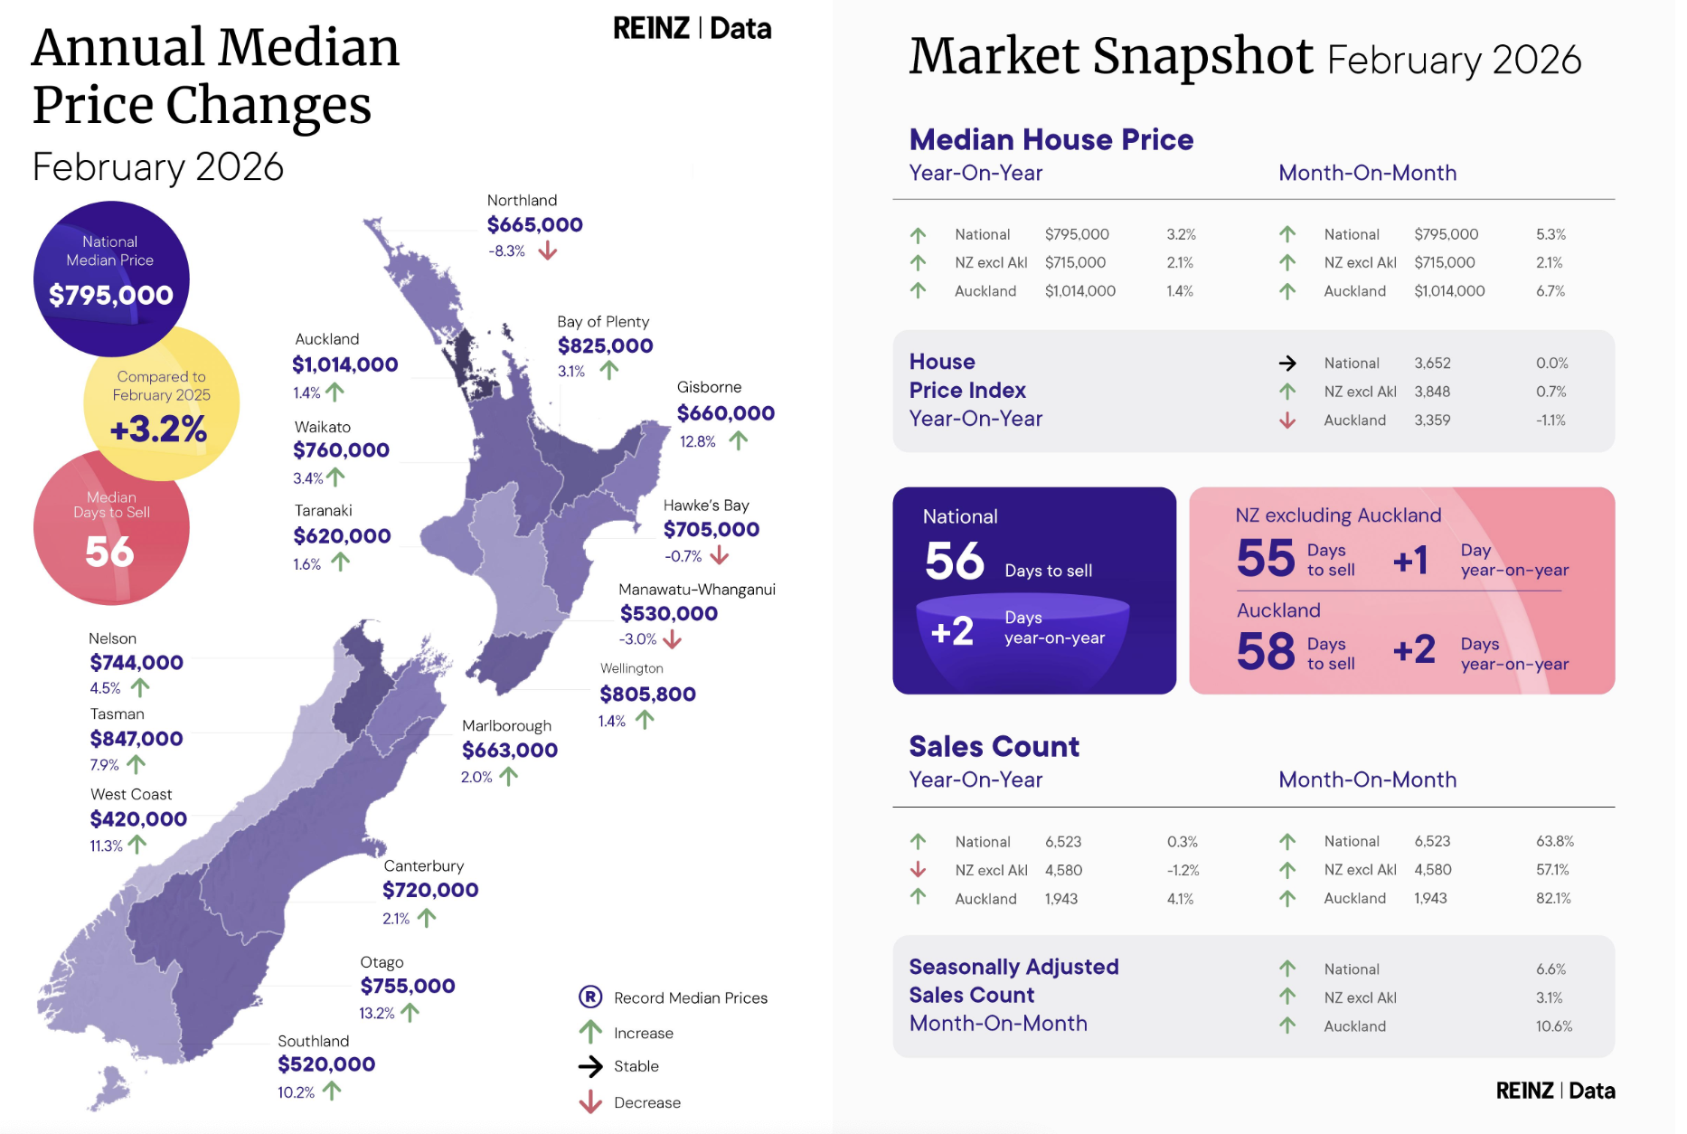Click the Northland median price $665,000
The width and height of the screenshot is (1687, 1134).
[x=534, y=224]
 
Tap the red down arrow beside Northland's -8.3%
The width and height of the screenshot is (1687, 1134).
[x=548, y=250]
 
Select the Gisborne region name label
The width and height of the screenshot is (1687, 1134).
[x=709, y=387]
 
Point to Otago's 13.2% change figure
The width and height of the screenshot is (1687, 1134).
[x=376, y=1013]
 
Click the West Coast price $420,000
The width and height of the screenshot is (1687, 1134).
[x=138, y=819]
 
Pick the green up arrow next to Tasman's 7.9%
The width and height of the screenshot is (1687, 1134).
[x=137, y=764]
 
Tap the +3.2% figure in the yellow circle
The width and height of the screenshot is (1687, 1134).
[x=158, y=429]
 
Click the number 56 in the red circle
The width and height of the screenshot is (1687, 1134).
[x=109, y=552]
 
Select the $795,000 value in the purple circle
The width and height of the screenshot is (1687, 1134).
[x=111, y=295]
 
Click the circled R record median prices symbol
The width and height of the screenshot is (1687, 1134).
[x=590, y=997]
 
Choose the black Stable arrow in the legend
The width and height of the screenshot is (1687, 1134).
[x=590, y=1066]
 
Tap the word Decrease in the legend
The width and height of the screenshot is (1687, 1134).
[x=647, y=1102]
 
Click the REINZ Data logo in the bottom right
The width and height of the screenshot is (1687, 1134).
[x=1555, y=1091]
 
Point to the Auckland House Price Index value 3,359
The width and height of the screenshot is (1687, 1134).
[x=1432, y=420]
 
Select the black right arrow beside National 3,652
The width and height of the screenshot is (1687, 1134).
[x=1287, y=363]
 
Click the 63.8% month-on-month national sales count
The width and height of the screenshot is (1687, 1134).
[x=1555, y=841]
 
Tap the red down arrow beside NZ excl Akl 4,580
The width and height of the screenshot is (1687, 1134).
[x=918, y=869]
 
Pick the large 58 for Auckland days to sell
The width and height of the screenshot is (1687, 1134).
[x=1266, y=651]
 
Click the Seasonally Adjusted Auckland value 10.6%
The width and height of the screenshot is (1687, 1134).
[x=1554, y=1026]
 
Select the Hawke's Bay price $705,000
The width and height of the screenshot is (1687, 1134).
[x=712, y=529]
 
